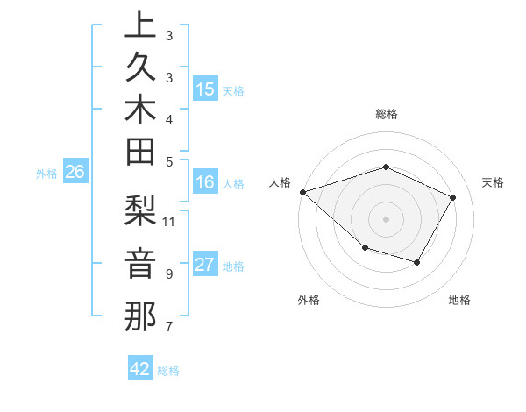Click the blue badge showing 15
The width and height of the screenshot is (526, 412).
click(205, 89)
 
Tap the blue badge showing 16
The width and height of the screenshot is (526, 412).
click(205, 182)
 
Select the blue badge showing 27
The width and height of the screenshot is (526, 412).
click(205, 266)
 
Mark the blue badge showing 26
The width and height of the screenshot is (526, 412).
click(75, 173)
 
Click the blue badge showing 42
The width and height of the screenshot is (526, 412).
click(140, 369)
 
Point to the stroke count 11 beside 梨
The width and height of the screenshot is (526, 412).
click(169, 220)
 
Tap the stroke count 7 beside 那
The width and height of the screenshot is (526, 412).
click(168, 327)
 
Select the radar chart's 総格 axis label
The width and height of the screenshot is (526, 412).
click(387, 114)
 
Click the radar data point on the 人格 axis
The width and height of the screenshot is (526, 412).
click(302, 191)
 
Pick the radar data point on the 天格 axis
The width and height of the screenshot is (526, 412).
click(453, 197)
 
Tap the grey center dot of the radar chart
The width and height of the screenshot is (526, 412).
click(386, 218)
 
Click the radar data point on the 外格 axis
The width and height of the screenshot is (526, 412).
click(365, 249)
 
